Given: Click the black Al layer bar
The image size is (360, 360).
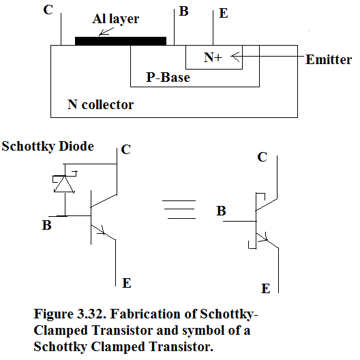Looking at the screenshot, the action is (x=121, y=41).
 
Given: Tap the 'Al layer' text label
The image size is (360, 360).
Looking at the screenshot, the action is (x=115, y=19).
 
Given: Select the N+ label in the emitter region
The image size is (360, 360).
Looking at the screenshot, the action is (x=213, y=57).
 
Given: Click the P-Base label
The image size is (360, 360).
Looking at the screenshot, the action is (x=168, y=77).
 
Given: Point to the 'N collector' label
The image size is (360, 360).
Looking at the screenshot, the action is (x=100, y=104).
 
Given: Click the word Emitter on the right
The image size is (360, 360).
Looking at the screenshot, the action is (x=329, y=59).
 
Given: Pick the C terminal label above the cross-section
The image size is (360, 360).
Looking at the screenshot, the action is (x=48, y=10).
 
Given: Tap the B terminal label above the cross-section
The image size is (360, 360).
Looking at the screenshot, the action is (x=183, y=11).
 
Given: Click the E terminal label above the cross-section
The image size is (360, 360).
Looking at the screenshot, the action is (x=224, y=13).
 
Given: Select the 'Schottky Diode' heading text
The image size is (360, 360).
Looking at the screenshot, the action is (x=48, y=146).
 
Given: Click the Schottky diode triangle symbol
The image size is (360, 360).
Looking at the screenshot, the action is (x=64, y=184).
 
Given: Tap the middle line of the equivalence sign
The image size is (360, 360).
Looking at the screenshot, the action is (x=179, y=209).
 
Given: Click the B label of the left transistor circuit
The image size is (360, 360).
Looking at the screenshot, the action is (x=46, y=225).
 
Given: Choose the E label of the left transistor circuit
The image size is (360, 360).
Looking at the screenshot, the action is (x=127, y=283).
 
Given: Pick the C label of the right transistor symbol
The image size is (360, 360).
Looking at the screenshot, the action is (x=262, y=157).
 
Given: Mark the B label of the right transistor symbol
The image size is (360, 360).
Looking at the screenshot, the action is (x=221, y=211).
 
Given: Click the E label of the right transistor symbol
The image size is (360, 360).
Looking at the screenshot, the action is (x=266, y=288).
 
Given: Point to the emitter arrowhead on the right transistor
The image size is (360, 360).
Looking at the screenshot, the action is (x=264, y=238).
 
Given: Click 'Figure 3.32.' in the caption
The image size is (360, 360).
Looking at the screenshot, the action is (x=70, y=314).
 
